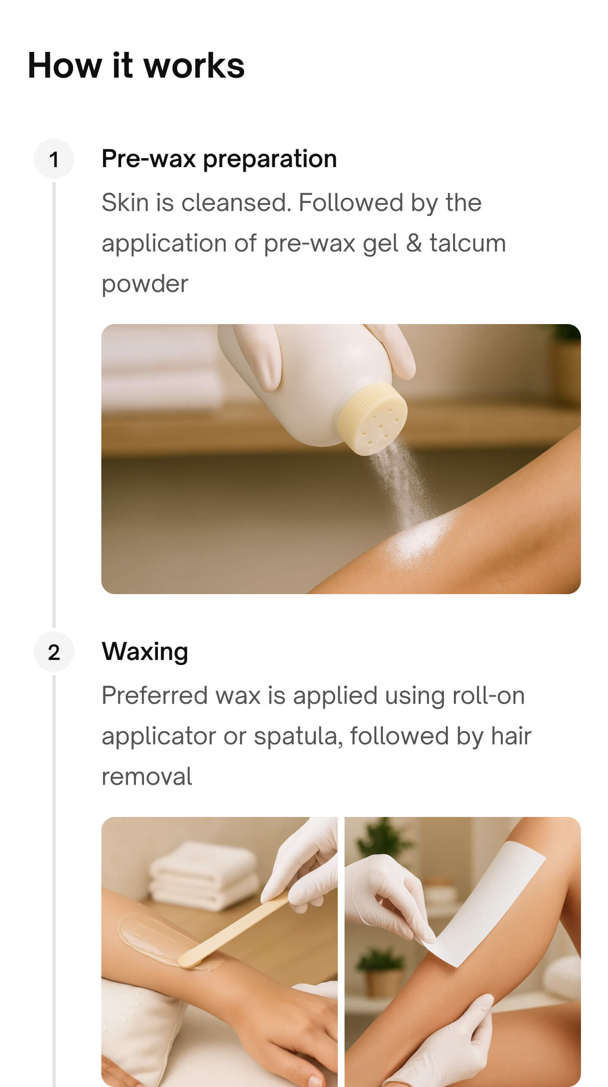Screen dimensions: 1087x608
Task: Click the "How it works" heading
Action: (x=136, y=65)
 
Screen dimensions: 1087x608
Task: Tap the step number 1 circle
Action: (x=54, y=159)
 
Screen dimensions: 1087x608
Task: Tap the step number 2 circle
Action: (x=54, y=652)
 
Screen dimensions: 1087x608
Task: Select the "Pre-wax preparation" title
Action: (x=219, y=159)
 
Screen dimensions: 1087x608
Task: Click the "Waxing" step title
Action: (x=144, y=652)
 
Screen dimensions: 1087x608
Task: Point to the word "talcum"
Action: (x=467, y=243)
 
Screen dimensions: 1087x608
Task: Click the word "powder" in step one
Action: (x=144, y=284)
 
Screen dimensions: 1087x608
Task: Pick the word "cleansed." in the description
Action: (x=236, y=203)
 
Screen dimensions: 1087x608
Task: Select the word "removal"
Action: (x=147, y=777)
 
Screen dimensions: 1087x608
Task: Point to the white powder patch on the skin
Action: (x=418, y=540)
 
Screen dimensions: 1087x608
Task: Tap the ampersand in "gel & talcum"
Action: (x=414, y=243)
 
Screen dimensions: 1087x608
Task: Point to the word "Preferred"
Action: (x=155, y=695)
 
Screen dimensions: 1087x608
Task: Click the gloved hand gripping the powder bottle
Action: (x=258, y=359)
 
